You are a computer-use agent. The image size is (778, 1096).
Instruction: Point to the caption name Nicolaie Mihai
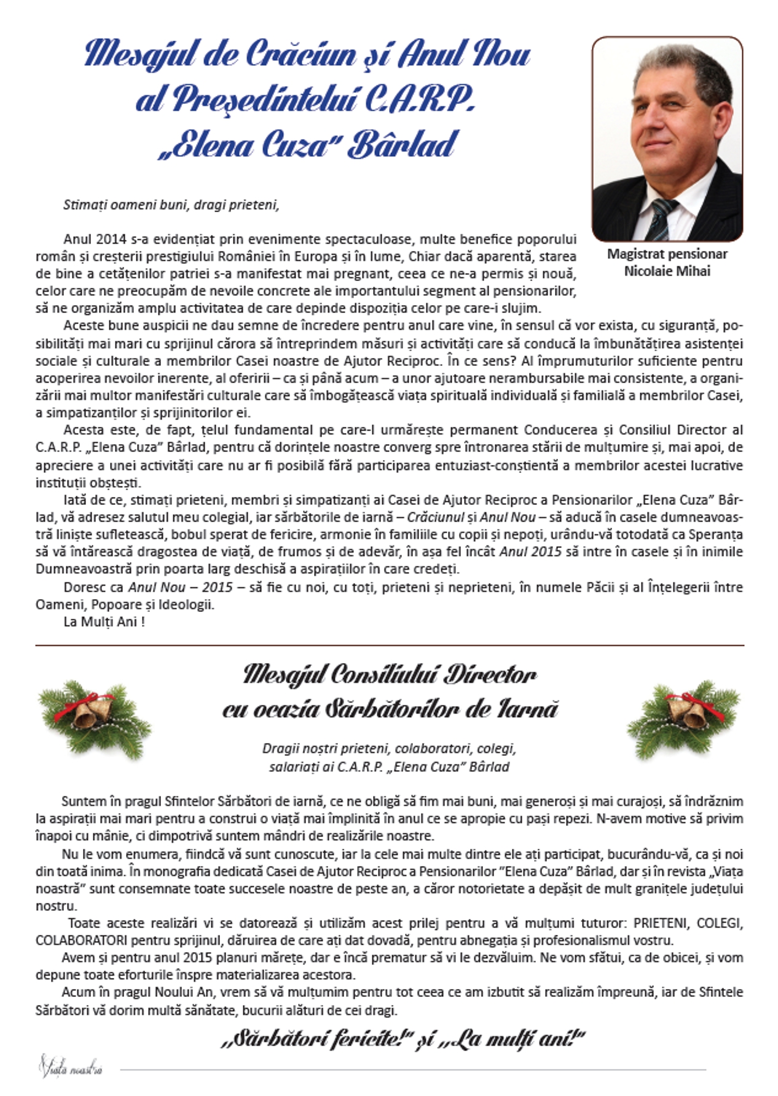pos(667,271)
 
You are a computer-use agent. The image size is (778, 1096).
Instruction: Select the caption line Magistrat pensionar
pos(667,254)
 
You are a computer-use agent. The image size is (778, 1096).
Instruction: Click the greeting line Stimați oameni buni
pos(171,205)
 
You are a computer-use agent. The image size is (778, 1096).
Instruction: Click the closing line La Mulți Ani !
pos(104,621)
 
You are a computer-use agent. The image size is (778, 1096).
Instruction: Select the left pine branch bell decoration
pos(93,717)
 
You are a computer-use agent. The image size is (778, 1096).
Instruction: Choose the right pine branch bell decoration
pos(683,717)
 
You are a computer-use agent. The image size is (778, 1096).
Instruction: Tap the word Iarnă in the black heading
pos(528,710)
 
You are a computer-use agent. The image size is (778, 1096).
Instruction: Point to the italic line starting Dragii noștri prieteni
pos(388,749)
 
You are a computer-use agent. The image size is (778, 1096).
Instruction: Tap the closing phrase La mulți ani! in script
pos(509,1040)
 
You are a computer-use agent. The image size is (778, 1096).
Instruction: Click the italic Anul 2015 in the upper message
pos(530,552)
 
